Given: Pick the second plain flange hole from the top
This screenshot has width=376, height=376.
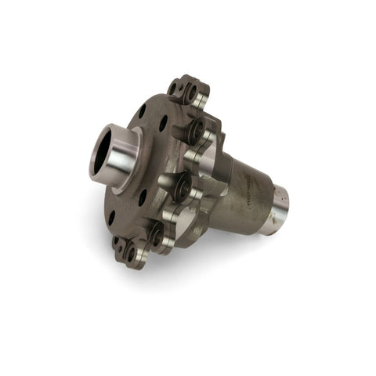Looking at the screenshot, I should pyautogui.click(x=163, y=124).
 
